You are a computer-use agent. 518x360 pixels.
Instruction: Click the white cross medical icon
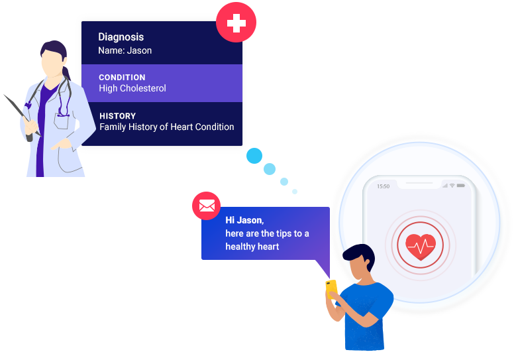236,24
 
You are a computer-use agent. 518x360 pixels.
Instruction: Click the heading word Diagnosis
121,37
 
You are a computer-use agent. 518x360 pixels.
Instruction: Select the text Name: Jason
125,50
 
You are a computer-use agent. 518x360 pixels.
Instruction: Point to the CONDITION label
122,77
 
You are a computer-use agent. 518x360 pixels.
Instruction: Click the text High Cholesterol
132,88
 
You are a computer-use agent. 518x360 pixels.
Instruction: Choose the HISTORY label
117,115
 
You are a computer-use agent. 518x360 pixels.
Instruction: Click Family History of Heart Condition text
166,127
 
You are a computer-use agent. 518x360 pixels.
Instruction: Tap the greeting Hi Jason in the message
244,220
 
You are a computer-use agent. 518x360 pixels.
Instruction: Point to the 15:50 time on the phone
384,186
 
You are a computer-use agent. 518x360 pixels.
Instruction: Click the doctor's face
52,63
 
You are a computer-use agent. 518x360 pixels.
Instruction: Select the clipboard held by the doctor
20,113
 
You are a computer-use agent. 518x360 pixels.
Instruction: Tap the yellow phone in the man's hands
331,288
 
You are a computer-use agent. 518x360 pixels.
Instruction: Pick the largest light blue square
254,156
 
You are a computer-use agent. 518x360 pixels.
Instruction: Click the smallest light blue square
295,192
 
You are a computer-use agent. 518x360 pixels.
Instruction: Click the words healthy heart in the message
252,247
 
